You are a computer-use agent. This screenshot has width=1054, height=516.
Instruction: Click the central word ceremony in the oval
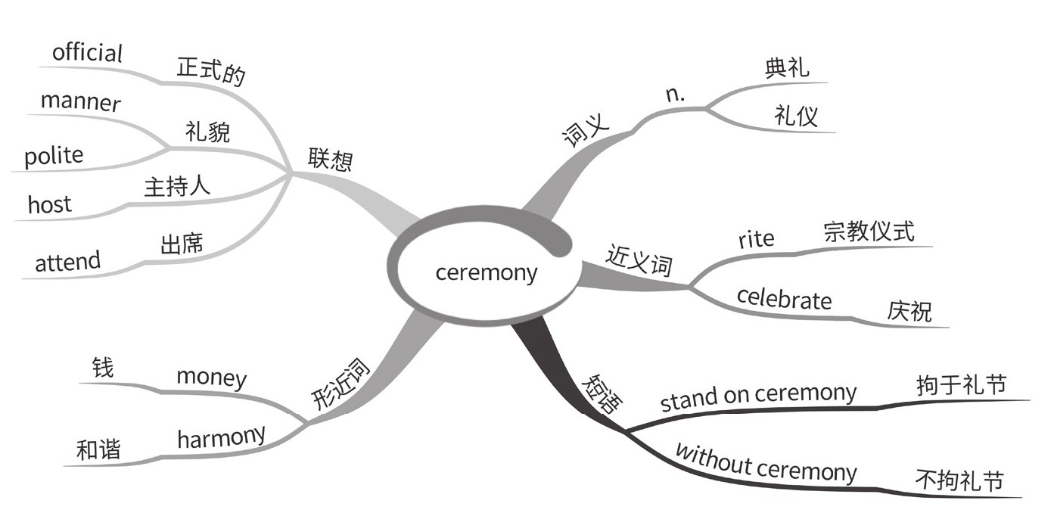tap(486, 272)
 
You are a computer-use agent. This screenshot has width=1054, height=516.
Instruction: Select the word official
tap(87, 53)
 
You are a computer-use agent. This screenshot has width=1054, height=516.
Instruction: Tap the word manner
tap(80, 101)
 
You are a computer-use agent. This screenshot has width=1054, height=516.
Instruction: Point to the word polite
tap(54, 156)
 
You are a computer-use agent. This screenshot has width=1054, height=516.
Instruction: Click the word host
tap(49, 204)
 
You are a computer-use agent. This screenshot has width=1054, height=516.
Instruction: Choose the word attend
tap(67, 262)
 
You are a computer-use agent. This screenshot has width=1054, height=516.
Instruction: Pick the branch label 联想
tap(330, 158)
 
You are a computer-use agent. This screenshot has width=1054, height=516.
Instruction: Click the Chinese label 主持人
tap(177, 186)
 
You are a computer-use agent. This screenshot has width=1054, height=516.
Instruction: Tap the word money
tap(211, 377)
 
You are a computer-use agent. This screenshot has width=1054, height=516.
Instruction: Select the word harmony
tap(221, 437)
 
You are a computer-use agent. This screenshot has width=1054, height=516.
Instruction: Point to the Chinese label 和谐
tap(98, 450)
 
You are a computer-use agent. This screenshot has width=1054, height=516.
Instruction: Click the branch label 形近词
tap(341, 384)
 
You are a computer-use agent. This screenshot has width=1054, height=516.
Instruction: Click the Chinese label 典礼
tap(786, 68)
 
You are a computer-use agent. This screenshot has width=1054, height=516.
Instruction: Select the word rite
tap(756, 239)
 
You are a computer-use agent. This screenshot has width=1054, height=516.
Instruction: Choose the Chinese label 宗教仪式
tap(869, 231)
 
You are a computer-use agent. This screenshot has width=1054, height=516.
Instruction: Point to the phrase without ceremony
tap(765, 464)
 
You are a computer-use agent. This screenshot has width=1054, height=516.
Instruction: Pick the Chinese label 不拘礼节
tap(959, 480)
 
